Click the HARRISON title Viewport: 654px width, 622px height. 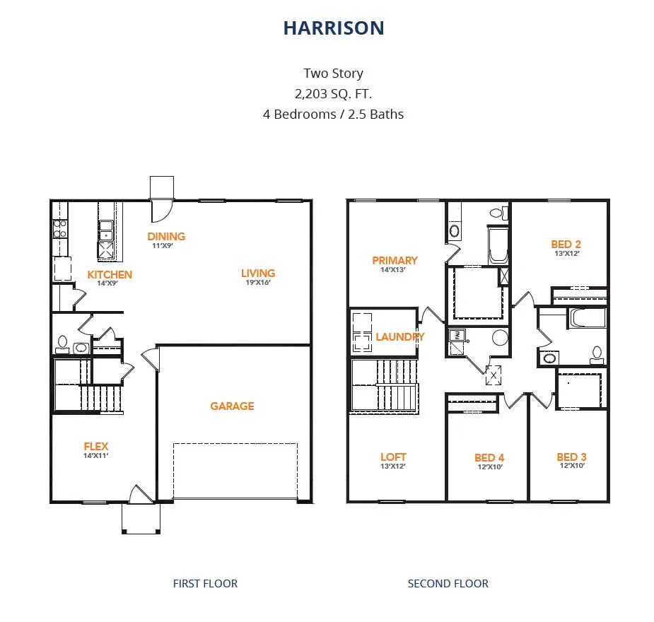(334, 28)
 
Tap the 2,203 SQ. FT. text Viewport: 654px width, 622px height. (333, 94)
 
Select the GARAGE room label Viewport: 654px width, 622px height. (232, 406)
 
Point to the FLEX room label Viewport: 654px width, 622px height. (96, 446)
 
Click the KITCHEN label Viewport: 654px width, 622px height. (110, 274)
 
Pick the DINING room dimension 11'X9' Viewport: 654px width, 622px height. (162, 245)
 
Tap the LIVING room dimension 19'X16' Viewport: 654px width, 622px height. (258, 282)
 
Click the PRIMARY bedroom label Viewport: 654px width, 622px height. (395, 260)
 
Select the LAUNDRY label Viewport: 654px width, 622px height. (400, 336)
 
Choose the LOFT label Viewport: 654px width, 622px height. (393, 457)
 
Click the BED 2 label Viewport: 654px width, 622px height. (566, 245)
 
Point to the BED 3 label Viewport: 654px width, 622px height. (571, 457)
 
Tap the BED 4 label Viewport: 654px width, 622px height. (489, 458)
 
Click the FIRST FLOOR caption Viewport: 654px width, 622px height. (205, 583)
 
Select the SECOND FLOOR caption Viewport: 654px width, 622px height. (448, 583)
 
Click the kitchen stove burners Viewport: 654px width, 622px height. (59, 229)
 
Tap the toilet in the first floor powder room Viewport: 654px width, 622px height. (62, 345)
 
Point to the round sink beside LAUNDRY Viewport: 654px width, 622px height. (500, 337)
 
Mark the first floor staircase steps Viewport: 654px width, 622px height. (101, 399)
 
